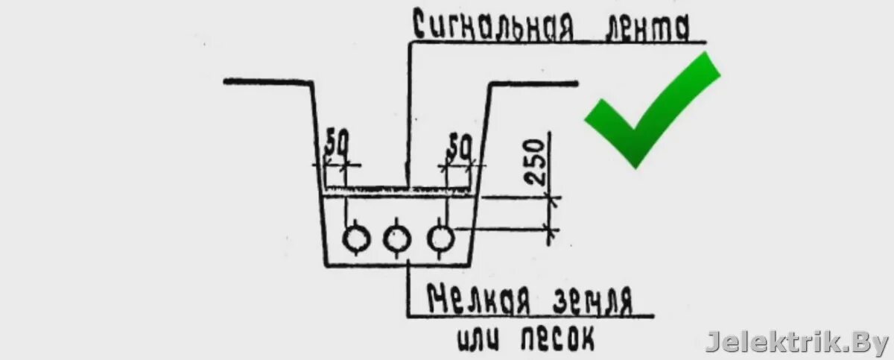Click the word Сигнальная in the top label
(x=492, y=28)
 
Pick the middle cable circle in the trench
(x=397, y=239)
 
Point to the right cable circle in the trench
(x=441, y=239)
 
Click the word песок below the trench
(x=555, y=339)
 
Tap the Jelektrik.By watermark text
(x=796, y=341)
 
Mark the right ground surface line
(x=533, y=82)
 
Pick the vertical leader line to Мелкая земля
(x=408, y=291)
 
